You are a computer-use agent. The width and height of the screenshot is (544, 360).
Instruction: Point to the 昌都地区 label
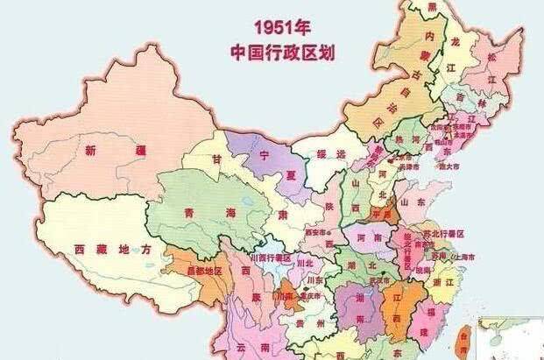click(x=204, y=272)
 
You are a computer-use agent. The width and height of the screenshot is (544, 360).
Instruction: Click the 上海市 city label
click(x=463, y=258)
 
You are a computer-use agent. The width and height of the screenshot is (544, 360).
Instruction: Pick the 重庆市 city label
click(x=307, y=297)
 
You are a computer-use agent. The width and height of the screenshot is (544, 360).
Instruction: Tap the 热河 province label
click(x=401, y=139)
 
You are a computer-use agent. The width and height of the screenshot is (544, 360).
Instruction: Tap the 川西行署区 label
click(x=269, y=258)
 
